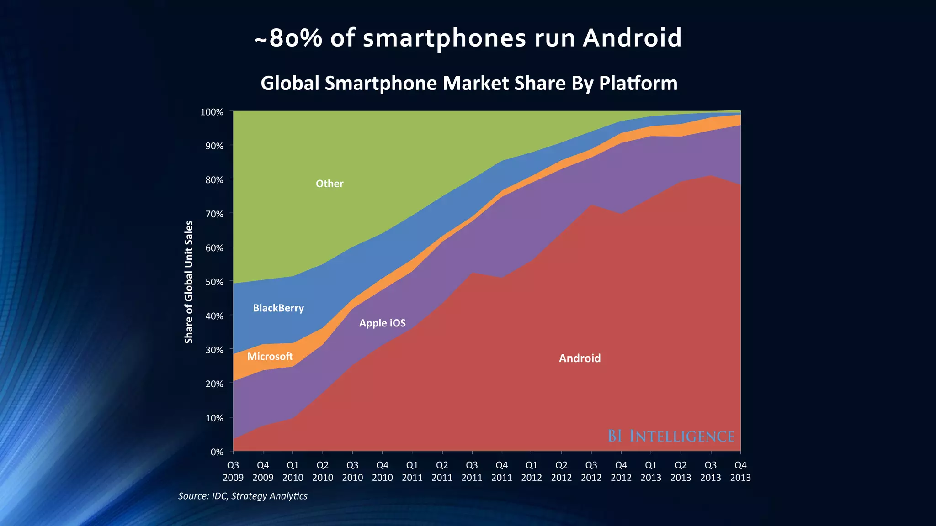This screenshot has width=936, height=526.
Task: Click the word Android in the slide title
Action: tap(632, 38)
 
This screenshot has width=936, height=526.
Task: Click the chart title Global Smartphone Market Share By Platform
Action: tap(469, 83)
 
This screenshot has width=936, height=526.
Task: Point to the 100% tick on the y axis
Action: tap(212, 112)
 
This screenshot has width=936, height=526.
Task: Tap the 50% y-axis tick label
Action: tap(214, 282)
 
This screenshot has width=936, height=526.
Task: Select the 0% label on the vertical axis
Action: tap(217, 452)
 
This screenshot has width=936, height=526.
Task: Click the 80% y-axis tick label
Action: tap(214, 180)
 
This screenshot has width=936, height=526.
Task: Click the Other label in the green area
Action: tap(330, 184)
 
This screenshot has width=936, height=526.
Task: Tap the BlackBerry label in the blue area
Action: tap(278, 308)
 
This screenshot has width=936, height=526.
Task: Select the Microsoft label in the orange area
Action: tap(270, 357)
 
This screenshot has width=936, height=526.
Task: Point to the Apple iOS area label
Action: tap(382, 323)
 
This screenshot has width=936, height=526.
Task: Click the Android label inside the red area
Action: tap(580, 358)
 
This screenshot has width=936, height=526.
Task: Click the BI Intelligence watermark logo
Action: tap(670, 436)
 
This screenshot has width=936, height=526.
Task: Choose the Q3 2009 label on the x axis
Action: tap(233, 471)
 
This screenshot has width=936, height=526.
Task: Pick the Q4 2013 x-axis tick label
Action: tap(740, 471)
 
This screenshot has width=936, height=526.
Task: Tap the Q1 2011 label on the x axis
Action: tap(412, 471)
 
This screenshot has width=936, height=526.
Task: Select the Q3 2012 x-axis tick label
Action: tap(591, 471)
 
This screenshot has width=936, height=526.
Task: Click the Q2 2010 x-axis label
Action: tap(323, 471)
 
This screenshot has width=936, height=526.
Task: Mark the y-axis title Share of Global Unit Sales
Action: tap(189, 282)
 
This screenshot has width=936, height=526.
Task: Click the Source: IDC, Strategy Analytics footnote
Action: tap(243, 496)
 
